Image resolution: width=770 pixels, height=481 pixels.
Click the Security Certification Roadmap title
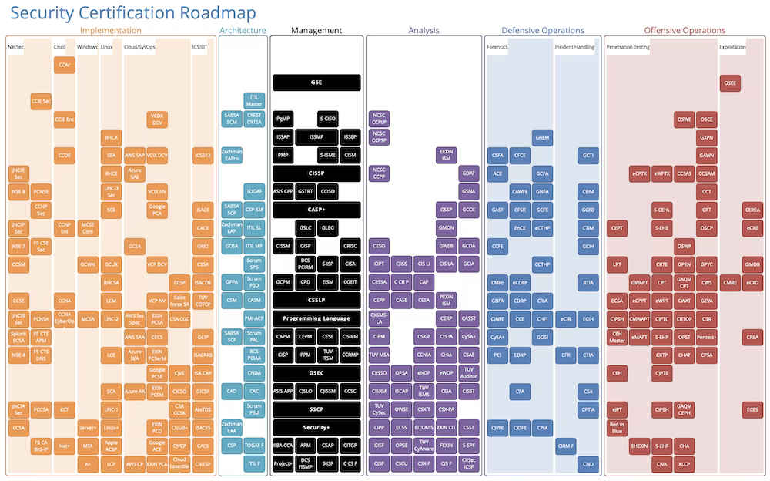133,13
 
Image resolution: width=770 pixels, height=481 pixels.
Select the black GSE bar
316,82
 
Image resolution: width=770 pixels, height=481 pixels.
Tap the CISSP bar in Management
316,173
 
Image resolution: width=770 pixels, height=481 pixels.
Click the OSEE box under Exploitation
731,82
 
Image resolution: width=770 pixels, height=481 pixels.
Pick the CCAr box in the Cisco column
65,66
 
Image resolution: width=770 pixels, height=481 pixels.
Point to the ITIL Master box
254,100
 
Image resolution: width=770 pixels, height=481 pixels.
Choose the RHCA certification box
111,137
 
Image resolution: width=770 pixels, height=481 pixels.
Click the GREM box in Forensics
542,137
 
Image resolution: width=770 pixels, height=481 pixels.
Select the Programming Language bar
316,318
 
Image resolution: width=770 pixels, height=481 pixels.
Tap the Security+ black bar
316,427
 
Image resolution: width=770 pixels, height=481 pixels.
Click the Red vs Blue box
616,427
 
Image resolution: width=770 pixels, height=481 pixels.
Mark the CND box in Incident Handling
588,463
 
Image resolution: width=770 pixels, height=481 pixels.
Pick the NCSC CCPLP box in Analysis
379,119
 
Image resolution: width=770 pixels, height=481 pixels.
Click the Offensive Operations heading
685,31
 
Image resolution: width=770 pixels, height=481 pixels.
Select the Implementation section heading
111,31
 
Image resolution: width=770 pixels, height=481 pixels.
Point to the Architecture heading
243,31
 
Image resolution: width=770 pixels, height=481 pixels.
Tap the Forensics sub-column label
497,47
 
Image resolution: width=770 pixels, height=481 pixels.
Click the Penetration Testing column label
628,47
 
